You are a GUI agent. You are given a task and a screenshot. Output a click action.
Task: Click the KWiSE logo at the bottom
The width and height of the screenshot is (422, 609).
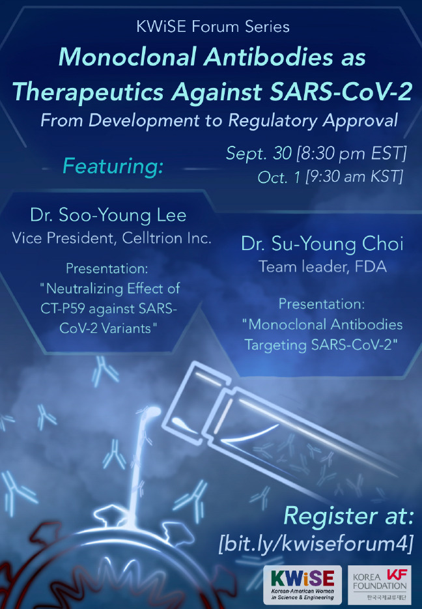[302, 585]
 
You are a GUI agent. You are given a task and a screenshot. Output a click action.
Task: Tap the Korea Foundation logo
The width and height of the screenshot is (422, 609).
[379, 585]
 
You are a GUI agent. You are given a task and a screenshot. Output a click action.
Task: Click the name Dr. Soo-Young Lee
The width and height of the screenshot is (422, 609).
[108, 215]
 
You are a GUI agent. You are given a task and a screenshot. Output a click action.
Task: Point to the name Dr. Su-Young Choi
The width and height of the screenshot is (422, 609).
[322, 244]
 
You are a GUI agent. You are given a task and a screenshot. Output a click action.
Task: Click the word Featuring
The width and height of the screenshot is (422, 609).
[113, 166]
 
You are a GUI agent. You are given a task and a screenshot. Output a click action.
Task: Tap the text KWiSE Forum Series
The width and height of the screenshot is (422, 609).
[213, 27]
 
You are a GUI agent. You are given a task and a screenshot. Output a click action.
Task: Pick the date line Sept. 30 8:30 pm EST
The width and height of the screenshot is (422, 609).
[316, 154]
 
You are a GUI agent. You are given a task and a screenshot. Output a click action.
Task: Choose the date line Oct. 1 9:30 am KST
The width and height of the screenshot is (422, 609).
[330, 177]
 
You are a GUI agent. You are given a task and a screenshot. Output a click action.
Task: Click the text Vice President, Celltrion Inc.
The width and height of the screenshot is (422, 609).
[112, 238]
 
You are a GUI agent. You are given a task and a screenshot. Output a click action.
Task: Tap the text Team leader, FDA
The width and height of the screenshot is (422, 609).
[322, 266]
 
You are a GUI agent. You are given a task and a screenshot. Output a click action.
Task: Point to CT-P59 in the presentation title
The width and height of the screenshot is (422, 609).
[64, 309]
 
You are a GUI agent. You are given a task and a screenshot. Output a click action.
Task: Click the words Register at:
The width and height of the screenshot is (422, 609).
[348, 516]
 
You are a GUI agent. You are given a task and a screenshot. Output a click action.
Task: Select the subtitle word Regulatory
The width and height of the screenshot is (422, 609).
[272, 120]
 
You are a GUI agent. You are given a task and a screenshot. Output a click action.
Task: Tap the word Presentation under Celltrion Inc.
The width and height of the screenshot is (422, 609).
[107, 268]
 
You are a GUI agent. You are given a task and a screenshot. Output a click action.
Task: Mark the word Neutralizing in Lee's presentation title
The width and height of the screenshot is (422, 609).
[85, 289]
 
